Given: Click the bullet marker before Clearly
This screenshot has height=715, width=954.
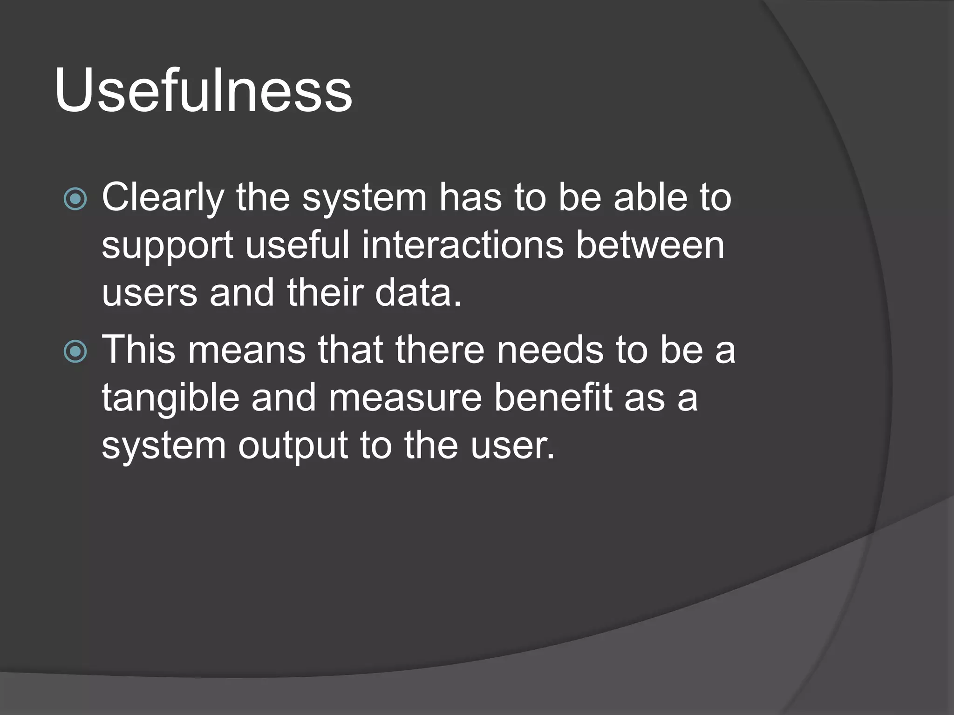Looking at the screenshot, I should (75, 199).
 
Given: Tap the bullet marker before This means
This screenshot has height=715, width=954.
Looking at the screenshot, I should (75, 351).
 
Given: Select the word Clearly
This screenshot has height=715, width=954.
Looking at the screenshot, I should (163, 198).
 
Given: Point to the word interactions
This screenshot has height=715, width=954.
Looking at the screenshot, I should (463, 245).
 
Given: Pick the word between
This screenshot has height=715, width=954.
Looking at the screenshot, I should (650, 245).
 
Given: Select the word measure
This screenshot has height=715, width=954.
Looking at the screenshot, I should (405, 398).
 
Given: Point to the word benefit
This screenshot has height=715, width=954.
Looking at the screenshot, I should (553, 398).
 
